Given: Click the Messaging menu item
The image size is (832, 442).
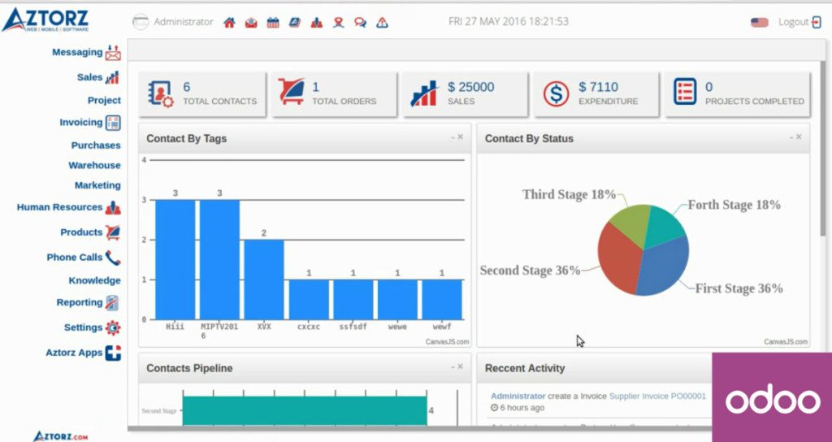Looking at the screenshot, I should [x=77, y=52].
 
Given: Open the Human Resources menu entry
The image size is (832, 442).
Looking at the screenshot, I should [x=59, y=207].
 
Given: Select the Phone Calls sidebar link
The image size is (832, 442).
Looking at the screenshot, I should [x=75, y=257].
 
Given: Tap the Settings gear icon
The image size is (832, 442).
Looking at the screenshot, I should [x=113, y=327].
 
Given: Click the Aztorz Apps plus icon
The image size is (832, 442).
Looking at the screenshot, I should [x=113, y=353].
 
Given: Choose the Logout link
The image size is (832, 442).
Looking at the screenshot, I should [x=793, y=22].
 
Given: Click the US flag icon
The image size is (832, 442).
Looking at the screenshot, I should [x=760, y=22].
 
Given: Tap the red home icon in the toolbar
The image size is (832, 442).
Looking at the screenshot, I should [x=229, y=23].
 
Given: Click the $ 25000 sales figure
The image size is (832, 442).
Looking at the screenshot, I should [x=470, y=87].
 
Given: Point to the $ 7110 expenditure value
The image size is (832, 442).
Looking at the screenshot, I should [x=598, y=87].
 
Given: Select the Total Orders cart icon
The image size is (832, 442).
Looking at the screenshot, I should [x=292, y=93].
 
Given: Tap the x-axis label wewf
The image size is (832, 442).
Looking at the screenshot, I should [x=442, y=327].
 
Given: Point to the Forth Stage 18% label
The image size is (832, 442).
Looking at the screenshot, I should [x=734, y=205].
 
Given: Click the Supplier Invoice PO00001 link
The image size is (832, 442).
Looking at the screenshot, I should [x=657, y=396].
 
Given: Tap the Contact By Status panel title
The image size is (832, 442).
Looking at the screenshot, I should [x=529, y=139].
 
